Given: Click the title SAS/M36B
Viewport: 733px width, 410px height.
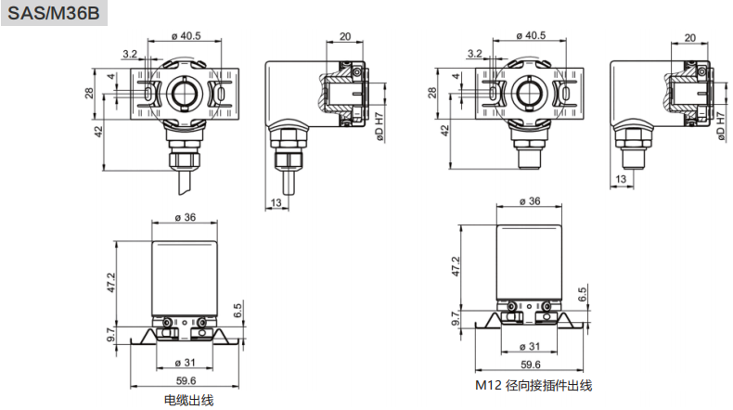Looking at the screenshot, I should [x=52, y=16].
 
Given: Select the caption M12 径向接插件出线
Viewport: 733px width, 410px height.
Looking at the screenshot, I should [x=534, y=385].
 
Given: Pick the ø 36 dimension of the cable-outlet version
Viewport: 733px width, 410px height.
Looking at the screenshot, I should [x=185, y=217].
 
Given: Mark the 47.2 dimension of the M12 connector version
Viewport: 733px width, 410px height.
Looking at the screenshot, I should [x=455, y=265].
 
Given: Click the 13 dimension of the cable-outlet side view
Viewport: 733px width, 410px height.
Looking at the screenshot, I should [x=276, y=201].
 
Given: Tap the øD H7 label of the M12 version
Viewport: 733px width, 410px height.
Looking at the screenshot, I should [x=721, y=127].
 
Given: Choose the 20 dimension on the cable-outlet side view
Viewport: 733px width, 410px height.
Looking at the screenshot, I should [x=345, y=36].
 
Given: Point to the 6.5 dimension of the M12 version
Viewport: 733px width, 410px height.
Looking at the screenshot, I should [x=582, y=295].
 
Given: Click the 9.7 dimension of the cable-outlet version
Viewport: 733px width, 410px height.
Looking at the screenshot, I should [x=111, y=333].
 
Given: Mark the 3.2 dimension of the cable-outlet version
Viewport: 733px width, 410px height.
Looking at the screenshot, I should [x=129, y=54].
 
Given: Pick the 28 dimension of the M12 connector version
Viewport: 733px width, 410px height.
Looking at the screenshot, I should [x=432, y=93].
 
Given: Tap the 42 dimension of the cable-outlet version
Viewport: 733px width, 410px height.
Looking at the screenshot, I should [x=96, y=133].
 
